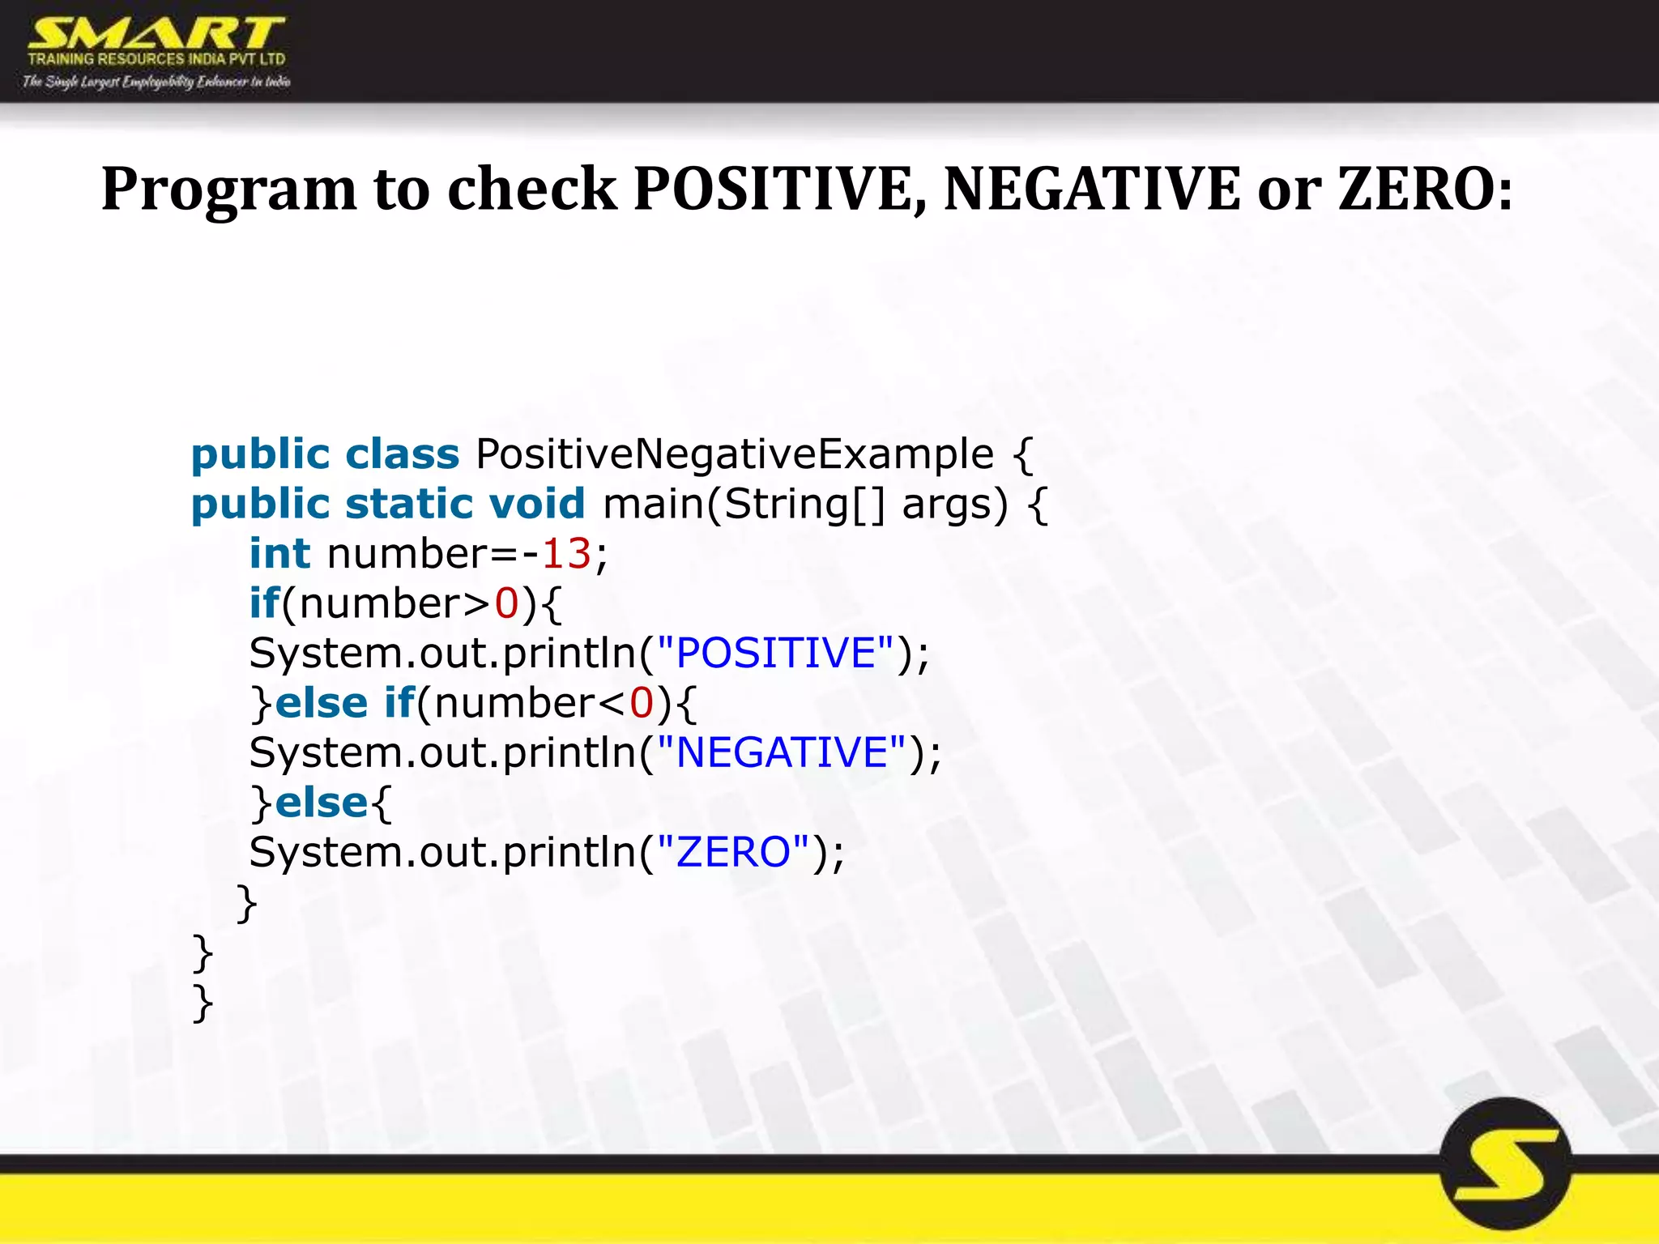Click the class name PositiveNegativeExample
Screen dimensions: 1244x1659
point(734,454)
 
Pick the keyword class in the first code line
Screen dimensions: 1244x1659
point(402,454)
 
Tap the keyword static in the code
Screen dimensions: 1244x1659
point(409,504)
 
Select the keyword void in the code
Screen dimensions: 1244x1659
point(536,504)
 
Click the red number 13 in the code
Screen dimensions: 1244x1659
point(566,554)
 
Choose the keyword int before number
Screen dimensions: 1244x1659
point(279,554)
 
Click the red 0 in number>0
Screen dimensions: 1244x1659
point(506,604)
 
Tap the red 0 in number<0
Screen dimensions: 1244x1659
point(642,703)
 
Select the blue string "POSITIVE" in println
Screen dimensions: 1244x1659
point(775,653)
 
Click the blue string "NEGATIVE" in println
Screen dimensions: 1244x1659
point(781,752)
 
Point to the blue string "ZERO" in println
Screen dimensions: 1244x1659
point(732,852)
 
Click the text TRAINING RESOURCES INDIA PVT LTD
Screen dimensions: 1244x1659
point(156,59)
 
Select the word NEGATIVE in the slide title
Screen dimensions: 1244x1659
point(1091,190)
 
